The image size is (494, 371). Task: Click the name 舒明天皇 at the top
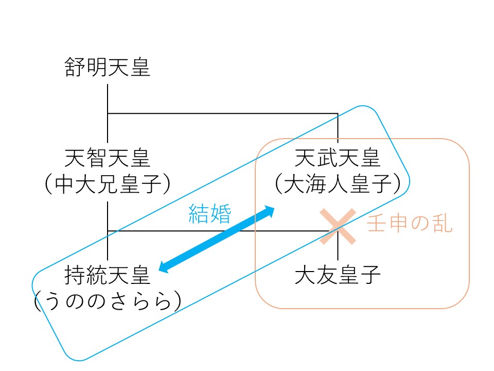coord(107,67)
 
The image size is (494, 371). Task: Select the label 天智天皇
coord(107,158)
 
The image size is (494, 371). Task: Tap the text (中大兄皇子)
coord(108,184)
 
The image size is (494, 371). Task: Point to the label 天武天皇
coord(338,158)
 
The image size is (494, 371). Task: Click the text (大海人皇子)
coord(338,184)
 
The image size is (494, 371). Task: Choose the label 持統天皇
coord(107,275)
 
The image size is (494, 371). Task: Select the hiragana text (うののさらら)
coord(108,301)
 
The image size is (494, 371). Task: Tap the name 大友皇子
coord(338,275)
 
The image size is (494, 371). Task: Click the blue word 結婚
coord(210,213)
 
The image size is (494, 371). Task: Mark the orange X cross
coord(338,227)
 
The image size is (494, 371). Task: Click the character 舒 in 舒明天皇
coord(75,67)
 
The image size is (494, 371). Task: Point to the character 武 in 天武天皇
coord(327,158)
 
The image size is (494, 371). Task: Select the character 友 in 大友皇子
coord(327,275)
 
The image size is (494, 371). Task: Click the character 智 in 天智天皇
coord(96,158)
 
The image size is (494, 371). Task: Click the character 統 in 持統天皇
coord(96,275)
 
